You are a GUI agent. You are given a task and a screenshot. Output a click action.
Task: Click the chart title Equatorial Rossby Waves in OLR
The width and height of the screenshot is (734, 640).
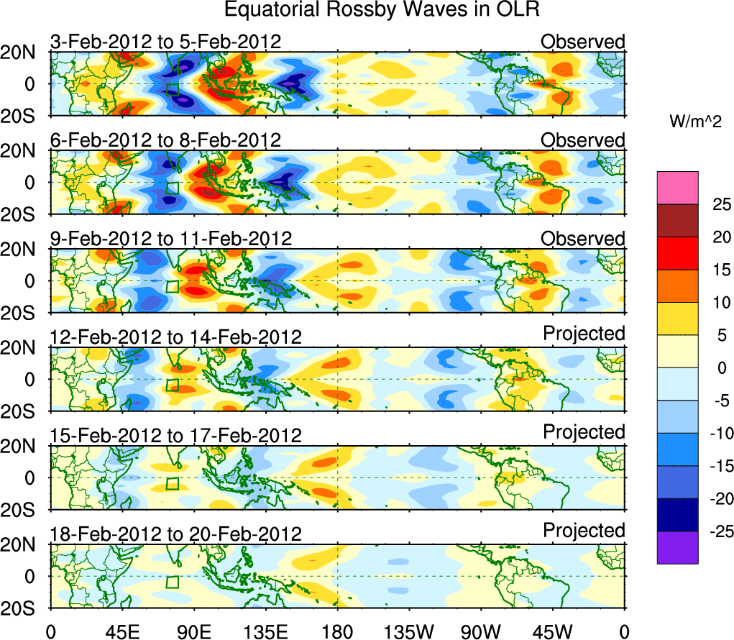pyautogui.click(x=381, y=10)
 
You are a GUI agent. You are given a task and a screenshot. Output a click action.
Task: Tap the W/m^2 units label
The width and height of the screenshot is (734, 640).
pyautogui.click(x=696, y=122)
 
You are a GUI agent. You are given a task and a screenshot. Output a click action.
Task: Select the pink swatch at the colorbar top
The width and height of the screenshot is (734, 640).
pyautogui.click(x=677, y=188)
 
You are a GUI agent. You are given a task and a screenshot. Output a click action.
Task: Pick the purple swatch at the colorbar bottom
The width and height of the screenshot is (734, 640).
pyautogui.click(x=677, y=547)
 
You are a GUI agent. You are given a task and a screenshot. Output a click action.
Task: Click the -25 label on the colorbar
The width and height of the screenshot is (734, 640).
pyautogui.click(x=716, y=531)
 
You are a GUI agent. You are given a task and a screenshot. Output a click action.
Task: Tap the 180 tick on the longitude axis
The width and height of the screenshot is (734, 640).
pyautogui.click(x=337, y=631)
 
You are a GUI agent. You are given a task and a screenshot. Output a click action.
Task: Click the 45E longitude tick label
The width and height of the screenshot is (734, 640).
pyautogui.click(x=121, y=631)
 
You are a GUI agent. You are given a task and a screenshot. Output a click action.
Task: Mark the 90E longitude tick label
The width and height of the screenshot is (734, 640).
pyautogui.click(x=193, y=631)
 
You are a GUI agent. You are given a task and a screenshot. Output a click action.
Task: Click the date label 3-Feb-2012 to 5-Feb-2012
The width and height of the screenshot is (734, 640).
pyautogui.click(x=165, y=42)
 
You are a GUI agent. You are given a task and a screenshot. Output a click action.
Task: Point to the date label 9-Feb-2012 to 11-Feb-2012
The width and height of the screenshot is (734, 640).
pyautogui.click(x=170, y=239)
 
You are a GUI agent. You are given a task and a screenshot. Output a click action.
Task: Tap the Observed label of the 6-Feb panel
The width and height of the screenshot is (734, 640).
pyautogui.click(x=583, y=140)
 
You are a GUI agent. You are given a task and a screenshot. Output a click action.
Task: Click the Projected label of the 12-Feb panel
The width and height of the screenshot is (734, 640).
pyautogui.click(x=584, y=334)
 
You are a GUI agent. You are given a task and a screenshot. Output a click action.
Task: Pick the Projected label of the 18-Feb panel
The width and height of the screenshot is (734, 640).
pyautogui.click(x=584, y=531)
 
